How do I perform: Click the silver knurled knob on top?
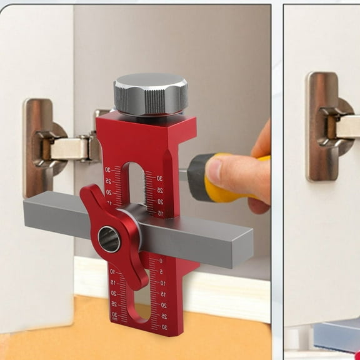point(151,94)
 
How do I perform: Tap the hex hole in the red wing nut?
point(109,239)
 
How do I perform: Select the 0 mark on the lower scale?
point(161,261)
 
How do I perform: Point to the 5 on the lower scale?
point(162,272)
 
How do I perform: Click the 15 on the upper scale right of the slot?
point(161,213)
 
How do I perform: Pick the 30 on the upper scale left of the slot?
point(108,169)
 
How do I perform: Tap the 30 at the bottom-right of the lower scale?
point(164,327)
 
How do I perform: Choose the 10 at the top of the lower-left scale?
point(113,272)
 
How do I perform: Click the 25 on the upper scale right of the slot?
point(160,190)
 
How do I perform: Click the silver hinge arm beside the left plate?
point(70,149)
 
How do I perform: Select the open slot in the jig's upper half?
point(133,184)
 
